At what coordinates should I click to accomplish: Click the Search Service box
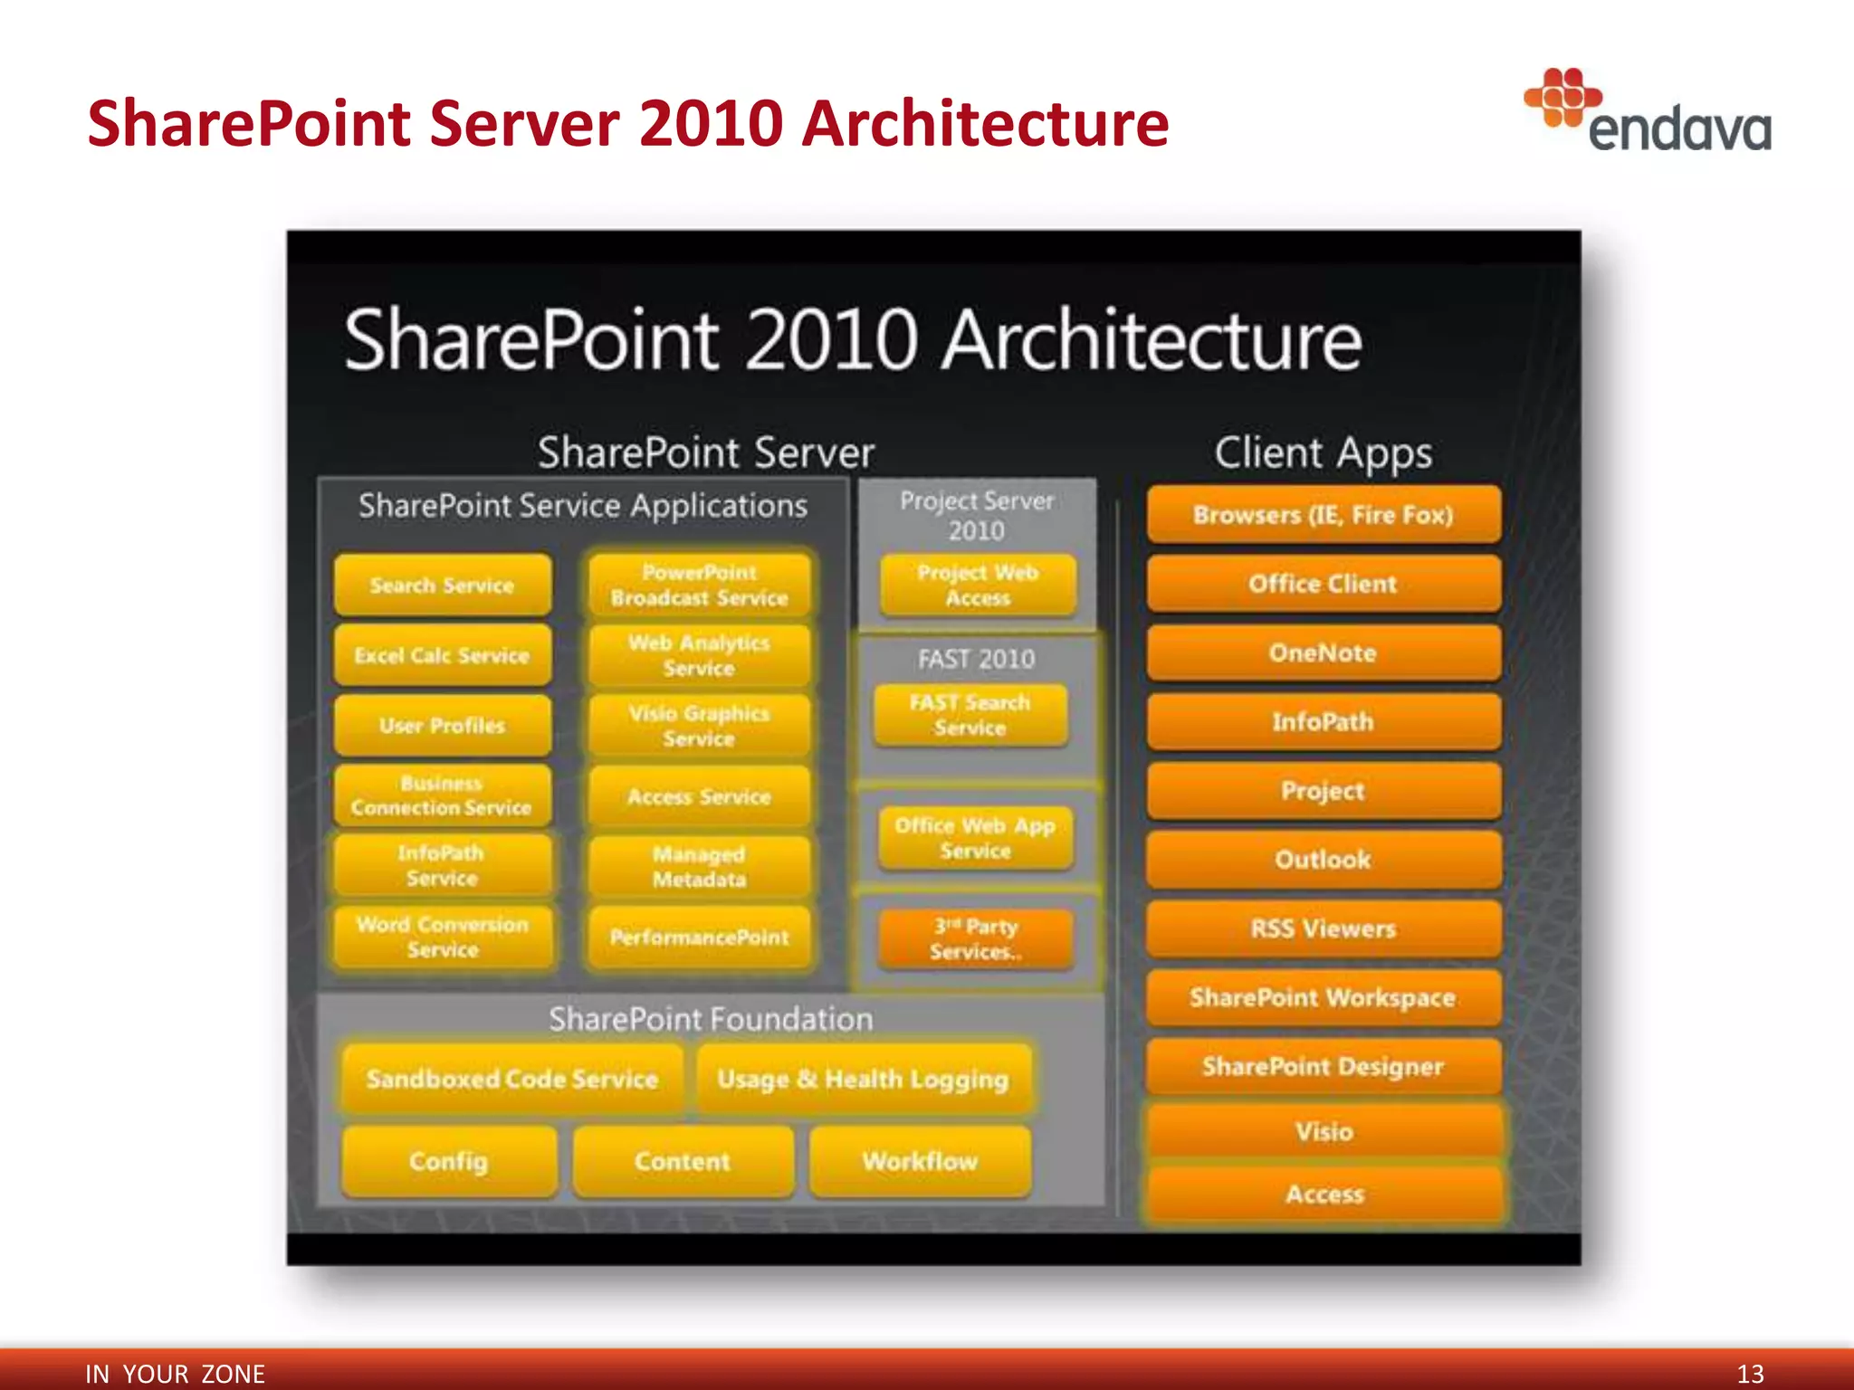pyautogui.click(x=442, y=586)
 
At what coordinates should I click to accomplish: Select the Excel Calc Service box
pyautogui.click(x=442, y=655)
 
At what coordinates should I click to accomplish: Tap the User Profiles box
pyautogui.click(x=442, y=725)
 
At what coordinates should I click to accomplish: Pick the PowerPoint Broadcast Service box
pyautogui.click(x=699, y=586)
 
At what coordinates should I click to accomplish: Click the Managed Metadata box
pyautogui.click(x=699, y=866)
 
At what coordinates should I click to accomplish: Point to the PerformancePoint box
pyautogui.click(x=699, y=937)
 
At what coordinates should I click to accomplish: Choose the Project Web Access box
pyautogui.click(x=978, y=586)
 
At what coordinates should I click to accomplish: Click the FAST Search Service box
pyautogui.click(x=970, y=715)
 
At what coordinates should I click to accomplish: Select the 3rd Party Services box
pyautogui.click(x=975, y=938)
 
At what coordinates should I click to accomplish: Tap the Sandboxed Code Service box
pyautogui.click(x=512, y=1079)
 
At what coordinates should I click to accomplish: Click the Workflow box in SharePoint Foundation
pyautogui.click(x=920, y=1161)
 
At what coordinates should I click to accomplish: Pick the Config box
pyautogui.click(x=449, y=1161)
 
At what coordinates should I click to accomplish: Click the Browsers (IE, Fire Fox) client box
pyautogui.click(x=1323, y=515)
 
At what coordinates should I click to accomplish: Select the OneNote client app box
pyautogui.click(x=1323, y=652)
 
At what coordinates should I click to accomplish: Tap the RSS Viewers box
pyautogui.click(x=1323, y=928)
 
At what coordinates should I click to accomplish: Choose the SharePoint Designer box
pyautogui.click(x=1323, y=1066)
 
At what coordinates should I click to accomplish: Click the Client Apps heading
pyautogui.click(x=1323, y=452)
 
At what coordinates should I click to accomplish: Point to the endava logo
pyautogui.click(x=1648, y=113)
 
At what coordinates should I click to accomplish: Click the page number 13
pyautogui.click(x=1750, y=1373)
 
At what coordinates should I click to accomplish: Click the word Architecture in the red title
pyautogui.click(x=985, y=123)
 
